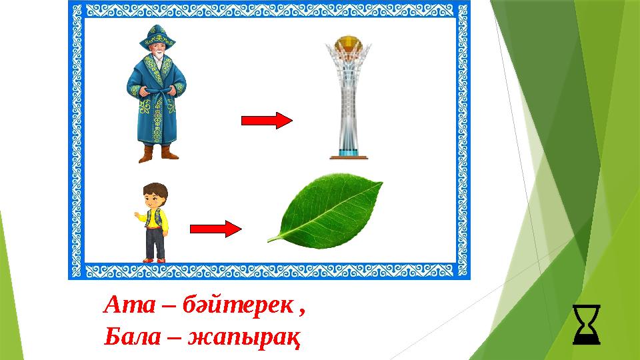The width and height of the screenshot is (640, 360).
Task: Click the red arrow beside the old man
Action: [x=266, y=121]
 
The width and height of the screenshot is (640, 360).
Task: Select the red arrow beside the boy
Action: [x=215, y=229]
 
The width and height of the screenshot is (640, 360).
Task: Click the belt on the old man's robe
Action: [x=157, y=89]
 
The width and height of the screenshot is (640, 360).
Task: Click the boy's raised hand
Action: [x=137, y=216]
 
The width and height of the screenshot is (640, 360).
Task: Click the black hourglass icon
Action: [x=586, y=325]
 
